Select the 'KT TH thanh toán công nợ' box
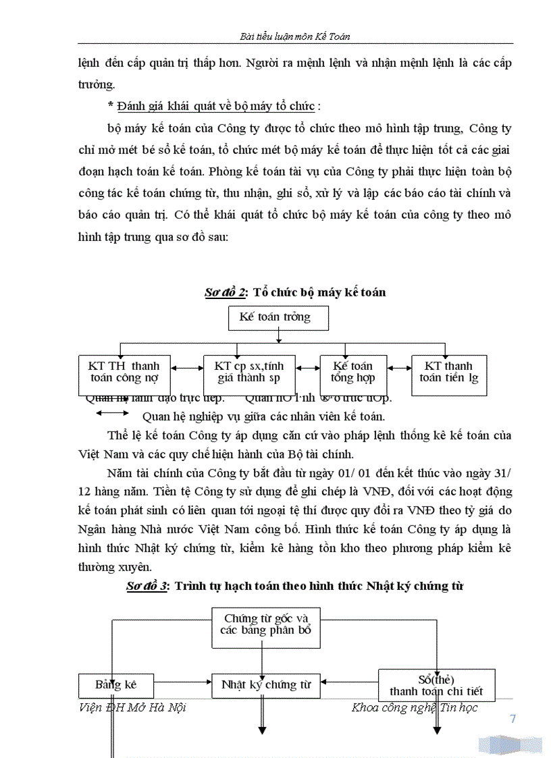tap(124, 373)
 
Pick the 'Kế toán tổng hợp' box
tap(352, 373)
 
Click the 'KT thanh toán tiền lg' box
tap(449, 373)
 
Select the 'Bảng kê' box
tap(116, 684)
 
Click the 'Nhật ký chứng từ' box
tap(265, 684)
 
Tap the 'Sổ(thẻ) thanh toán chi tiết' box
tap(436, 684)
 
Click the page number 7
tap(513, 719)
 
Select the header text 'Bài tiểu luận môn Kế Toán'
tap(295, 36)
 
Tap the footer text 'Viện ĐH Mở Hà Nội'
tap(132, 707)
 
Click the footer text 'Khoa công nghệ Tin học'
tap(415, 707)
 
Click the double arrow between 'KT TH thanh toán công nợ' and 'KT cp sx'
tap(187, 368)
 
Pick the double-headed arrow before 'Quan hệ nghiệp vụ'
tap(117, 416)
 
